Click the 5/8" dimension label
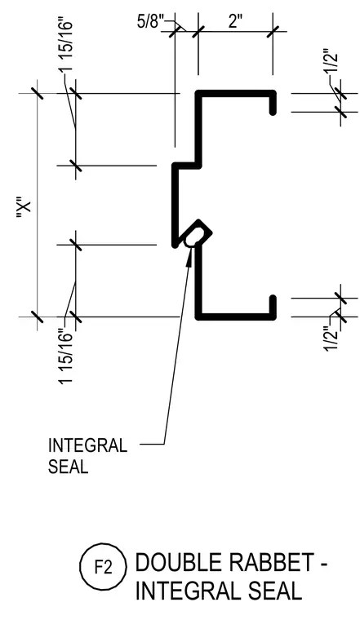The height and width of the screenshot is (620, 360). tap(150, 21)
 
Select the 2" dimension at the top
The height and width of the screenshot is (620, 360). tap(234, 21)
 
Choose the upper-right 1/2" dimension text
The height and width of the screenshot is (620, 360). tap(331, 61)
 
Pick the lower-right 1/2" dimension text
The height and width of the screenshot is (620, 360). tap(331, 338)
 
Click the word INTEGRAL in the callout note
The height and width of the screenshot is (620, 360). tap(87, 445)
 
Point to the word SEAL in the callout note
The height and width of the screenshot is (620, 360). tap(68, 467)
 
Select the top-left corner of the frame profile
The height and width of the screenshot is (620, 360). tap(198, 93)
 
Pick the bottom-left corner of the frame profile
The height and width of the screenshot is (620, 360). tap(198, 317)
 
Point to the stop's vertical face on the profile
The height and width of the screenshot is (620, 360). tap(174, 206)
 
